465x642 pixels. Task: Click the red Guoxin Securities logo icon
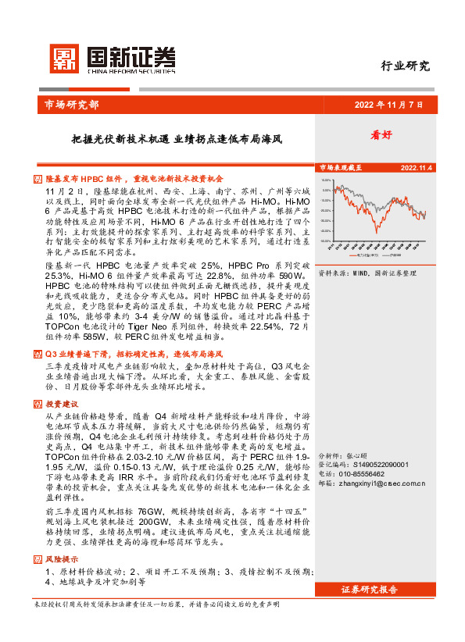(63, 57)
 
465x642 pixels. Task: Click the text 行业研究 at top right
(405, 66)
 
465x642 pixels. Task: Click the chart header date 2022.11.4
(417, 167)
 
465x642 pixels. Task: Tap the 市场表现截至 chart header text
(340, 167)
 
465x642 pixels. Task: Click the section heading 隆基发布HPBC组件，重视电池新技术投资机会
(134, 178)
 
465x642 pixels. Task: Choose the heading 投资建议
(62, 405)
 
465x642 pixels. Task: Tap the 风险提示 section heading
(62, 560)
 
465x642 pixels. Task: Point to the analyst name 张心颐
(356, 455)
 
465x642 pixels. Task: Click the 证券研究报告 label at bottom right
(370, 589)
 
